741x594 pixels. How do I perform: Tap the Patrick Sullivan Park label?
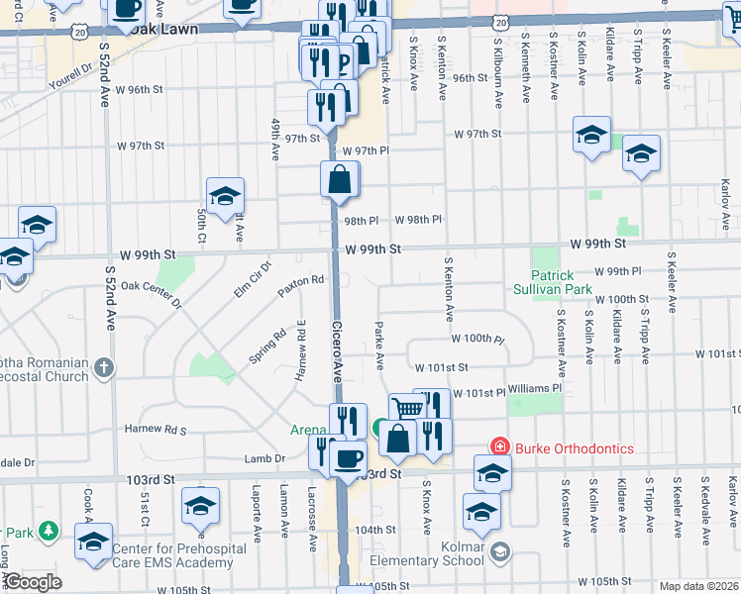pos(562,283)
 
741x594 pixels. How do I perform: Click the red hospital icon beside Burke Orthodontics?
pos(500,448)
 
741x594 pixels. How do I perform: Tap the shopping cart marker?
pos(406,409)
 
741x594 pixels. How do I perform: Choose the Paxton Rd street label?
pos(301,281)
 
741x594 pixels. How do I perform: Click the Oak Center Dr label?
pos(151,294)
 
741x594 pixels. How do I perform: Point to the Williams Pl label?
pos(535,389)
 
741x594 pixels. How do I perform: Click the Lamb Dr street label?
pos(265,458)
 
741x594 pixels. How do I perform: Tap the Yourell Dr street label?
pos(71,72)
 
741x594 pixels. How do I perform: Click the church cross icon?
pos(103,369)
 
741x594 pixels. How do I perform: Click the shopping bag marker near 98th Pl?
pos(339,180)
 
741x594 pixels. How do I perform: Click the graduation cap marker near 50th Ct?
pos(225,195)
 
